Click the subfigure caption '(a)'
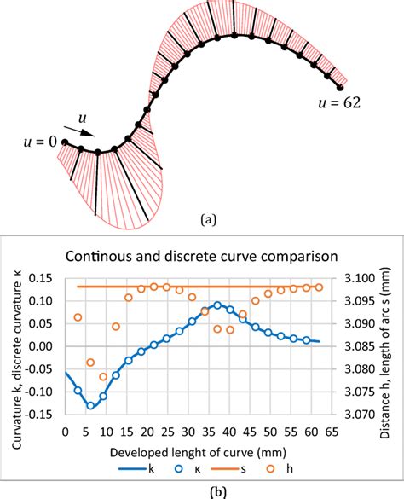(x=208, y=219)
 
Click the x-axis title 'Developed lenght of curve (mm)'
(x=201, y=449)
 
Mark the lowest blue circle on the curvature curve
(x=90, y=406)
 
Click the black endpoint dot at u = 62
(x=340, y=87)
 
